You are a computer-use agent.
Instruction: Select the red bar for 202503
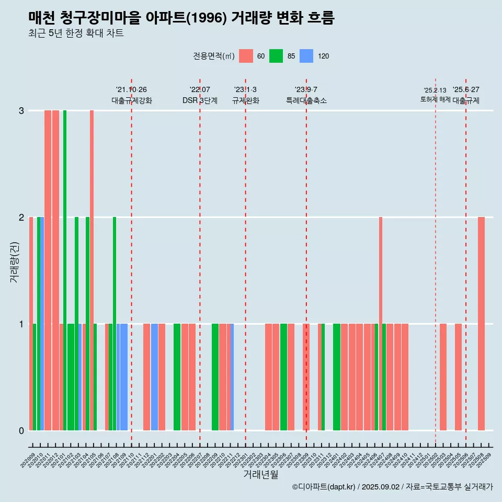pyautogui.click(x=443, y=376)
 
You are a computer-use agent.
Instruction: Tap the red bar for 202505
pyautogui.click(x=458, y=376)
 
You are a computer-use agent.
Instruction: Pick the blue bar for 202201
pyautogui.click(x=154, y=376)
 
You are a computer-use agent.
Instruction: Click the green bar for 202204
pyautogui.click(x=177, y=376)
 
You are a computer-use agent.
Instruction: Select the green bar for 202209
pyautogui.click(x=215, y=376)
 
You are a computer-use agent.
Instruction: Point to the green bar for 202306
pyautogui.click(x=283, y=376)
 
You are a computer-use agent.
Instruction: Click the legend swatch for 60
pyautogui.click(x=246, y=56)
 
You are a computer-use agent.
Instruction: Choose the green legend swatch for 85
pyautogui.click(x=276, y=56)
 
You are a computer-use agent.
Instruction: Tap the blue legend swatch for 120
pyautogui.click(x=306, y=56)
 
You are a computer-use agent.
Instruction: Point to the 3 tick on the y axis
pyautogui.click(x=21, y=111)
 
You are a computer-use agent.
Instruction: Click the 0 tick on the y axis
pyautogui.click(x=21, y=430)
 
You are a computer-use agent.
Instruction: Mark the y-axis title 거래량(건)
pyautogui.click(x=14, y=262)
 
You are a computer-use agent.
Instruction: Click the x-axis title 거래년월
pyautogui.click(x=260, y=474)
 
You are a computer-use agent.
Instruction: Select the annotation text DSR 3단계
pyautogui.click(x=200, y=100)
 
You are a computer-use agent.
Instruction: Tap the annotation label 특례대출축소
pyautogui.click(x=306, y=100)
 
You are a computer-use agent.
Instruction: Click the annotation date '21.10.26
pyautogui.click(x=131, y=90)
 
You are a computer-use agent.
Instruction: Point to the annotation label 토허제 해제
pyautogui.click(x=435, y=99)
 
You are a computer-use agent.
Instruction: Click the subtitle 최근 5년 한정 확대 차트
pyautogui.click(x=76, y=33)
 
